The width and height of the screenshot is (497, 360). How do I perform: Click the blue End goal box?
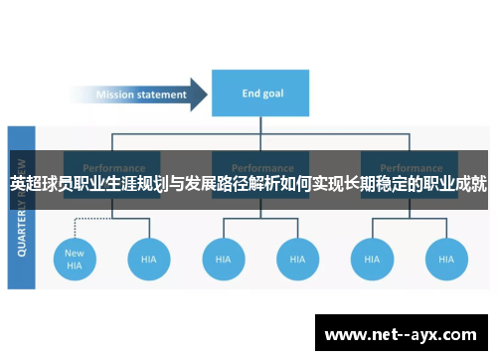tap(262, 94)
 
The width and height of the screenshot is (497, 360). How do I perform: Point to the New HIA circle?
tap(75, 259)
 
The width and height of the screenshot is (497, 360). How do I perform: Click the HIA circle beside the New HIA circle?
tap(148, 259)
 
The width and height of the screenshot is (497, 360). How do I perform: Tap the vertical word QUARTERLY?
tap(20, 225)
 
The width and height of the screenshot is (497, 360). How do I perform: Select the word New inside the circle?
tap(75, 253)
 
